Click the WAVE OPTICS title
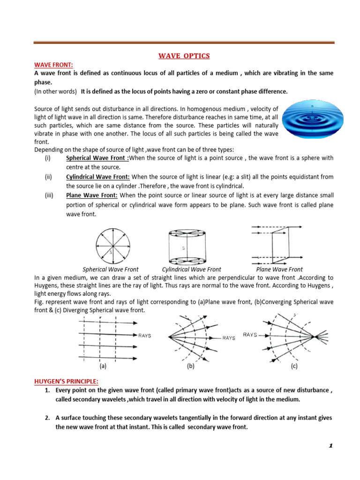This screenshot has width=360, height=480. tap(184, 56)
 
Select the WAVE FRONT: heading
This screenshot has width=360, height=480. tap(53, 65)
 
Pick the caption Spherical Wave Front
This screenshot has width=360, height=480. tap(111, 270)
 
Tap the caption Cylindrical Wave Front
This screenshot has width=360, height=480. tap(191, 270)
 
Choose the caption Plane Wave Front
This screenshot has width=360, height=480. tap(279, 270)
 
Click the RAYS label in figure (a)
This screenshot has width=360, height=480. tap(144, 336)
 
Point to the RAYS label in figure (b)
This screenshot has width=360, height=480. tap(229, 337)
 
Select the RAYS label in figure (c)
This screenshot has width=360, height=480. tap(250, 335)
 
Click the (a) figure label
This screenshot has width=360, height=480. tap(103, 367)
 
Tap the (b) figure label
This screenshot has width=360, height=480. tap(191, 367)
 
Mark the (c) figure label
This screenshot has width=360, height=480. tap(293, 367)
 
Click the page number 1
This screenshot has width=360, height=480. tap(330, 446)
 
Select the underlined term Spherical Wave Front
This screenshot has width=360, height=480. tap(97, 158)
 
